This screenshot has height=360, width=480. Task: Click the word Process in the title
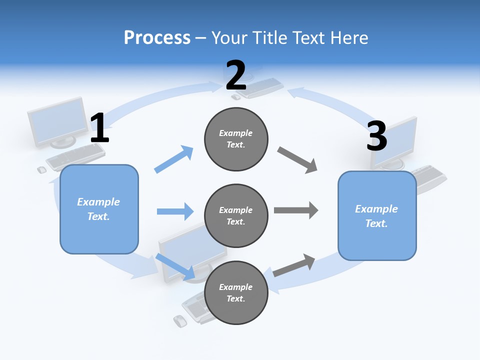click(x=157, y=38)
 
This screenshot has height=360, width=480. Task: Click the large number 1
click(x=99, y=128)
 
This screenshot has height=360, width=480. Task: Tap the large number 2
click(x=236, y=75)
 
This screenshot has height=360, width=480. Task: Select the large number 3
click(x=376, y=136)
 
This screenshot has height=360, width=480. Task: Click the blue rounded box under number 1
click(x=99, y=209)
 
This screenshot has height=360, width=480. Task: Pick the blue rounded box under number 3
click(x=377, y=215)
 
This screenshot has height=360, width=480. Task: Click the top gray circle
click(x=236, y=139)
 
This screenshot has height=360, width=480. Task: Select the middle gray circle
click(x=236, y=215)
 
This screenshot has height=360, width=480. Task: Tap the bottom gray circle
click(x=236, y=292)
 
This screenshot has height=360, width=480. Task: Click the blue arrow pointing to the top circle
click(x=174, y=159)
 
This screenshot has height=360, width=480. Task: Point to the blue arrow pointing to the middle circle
click(x=175, y=211)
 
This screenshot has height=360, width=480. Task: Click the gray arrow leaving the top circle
click(x=297, y=160)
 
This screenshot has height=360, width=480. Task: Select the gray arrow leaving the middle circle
click(x=296, y=210)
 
